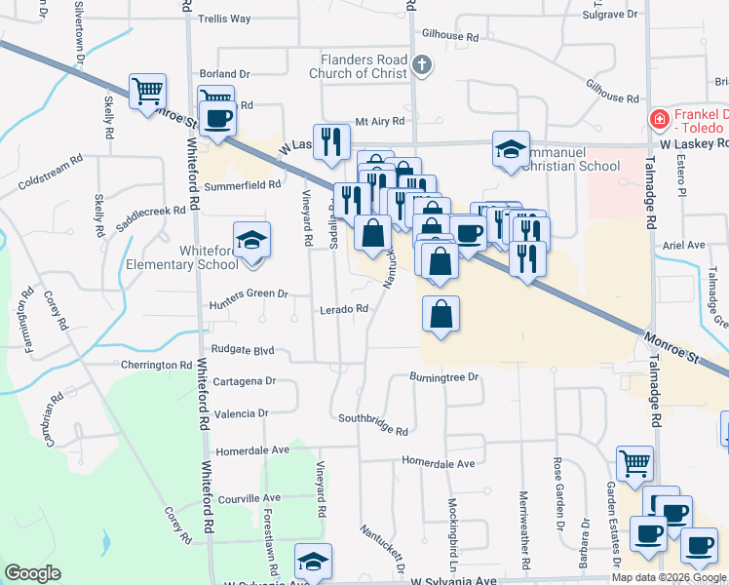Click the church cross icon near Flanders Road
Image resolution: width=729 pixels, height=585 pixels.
[421, 66]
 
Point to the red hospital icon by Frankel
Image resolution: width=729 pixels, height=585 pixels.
[659, 119]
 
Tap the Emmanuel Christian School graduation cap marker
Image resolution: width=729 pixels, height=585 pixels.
[511, 149]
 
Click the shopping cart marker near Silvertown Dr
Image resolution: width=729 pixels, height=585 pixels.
[147, 92]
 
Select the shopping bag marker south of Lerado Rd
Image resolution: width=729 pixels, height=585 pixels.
[441, 314]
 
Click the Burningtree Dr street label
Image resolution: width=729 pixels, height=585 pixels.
[445, 376]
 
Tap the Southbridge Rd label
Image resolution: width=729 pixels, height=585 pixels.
[372, 423]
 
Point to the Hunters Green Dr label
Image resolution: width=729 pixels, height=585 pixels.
[249, 292]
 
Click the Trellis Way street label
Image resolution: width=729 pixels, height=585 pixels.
[224, 19]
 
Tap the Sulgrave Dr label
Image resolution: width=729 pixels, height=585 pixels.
[609, 15]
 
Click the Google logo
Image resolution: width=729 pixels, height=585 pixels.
[32, 573]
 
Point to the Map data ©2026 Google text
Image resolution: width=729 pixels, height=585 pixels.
[668, 577]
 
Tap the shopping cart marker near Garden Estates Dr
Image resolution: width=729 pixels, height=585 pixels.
[634, 462]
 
